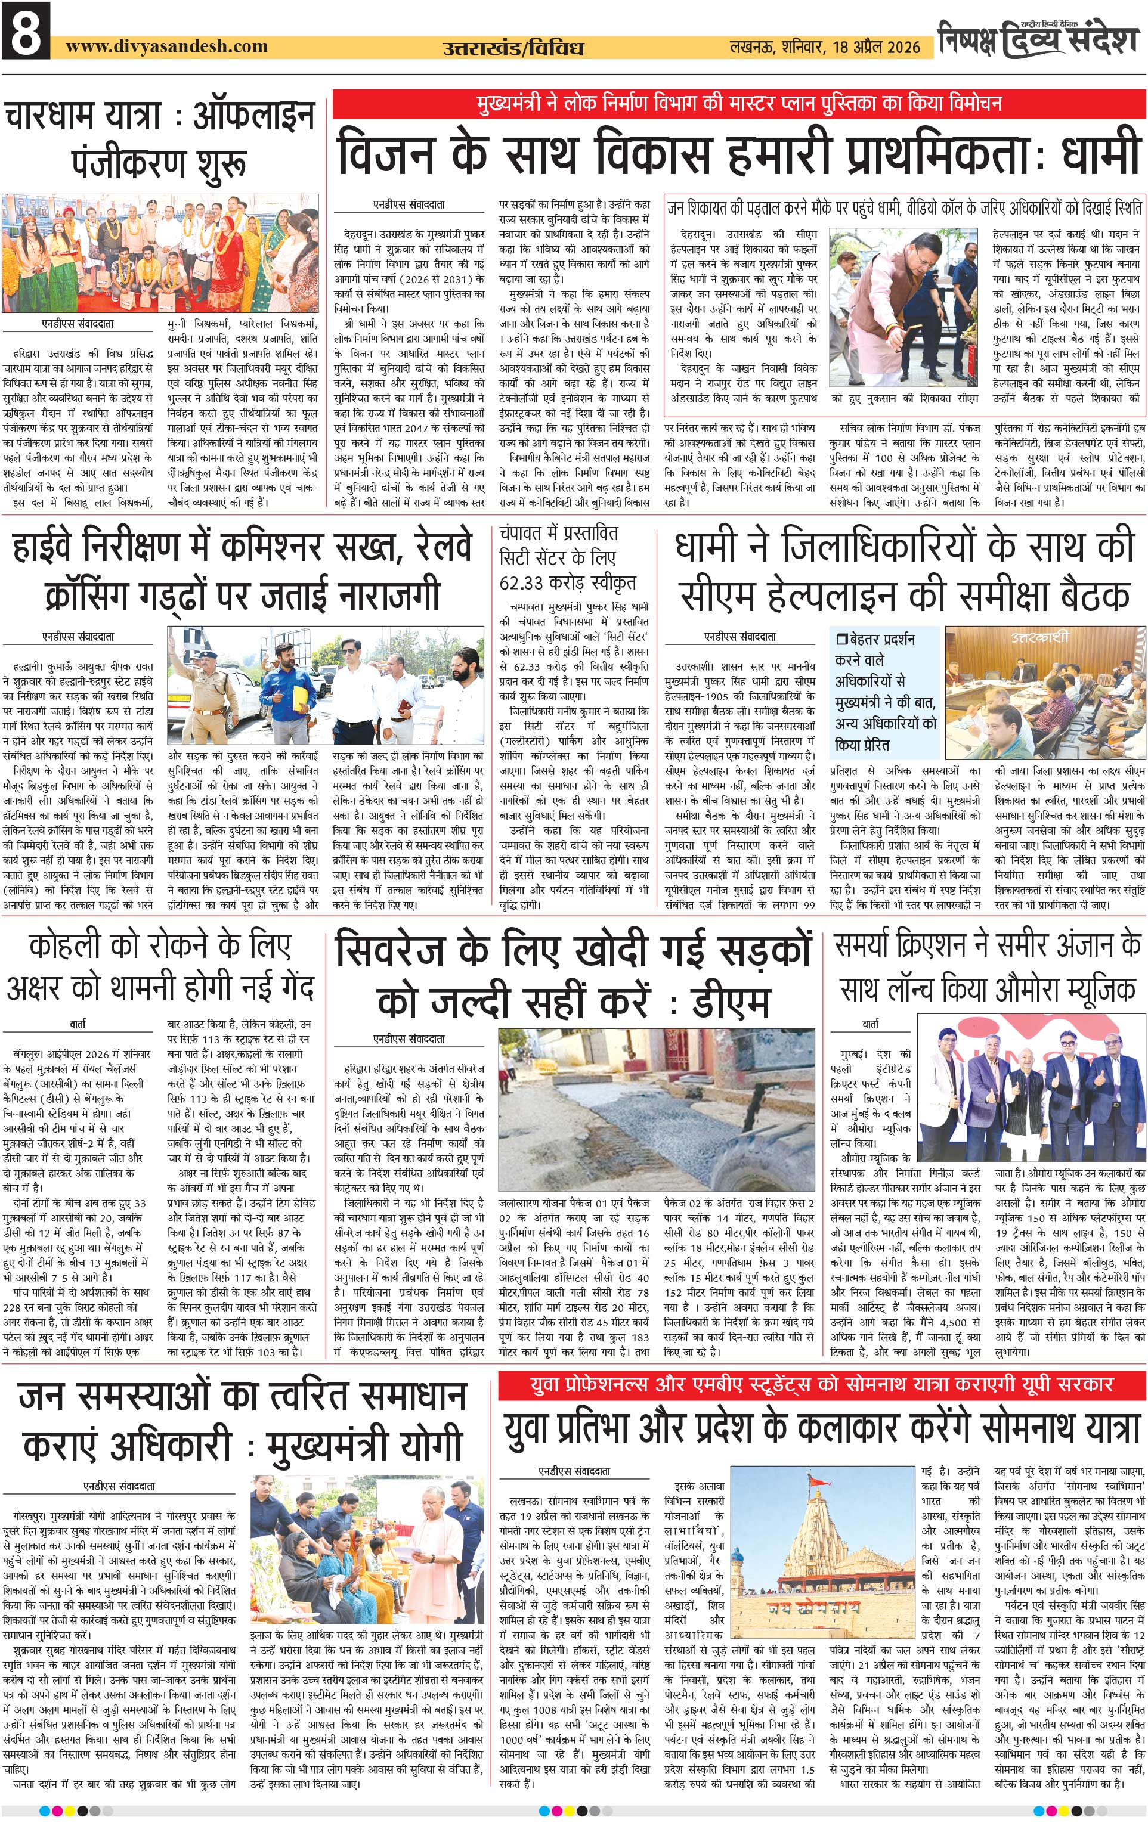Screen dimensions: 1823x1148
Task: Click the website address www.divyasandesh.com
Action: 166,46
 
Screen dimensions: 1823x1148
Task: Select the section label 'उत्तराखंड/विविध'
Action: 513,48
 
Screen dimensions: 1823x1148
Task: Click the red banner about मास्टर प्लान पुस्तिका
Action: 738,104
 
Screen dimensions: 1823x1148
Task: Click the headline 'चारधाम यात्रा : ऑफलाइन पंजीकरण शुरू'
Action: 160,139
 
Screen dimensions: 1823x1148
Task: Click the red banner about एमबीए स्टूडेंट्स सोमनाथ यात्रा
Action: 822,1385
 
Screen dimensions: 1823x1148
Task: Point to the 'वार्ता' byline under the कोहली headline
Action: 78,1024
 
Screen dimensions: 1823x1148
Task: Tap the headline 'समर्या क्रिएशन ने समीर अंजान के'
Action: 988,945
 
